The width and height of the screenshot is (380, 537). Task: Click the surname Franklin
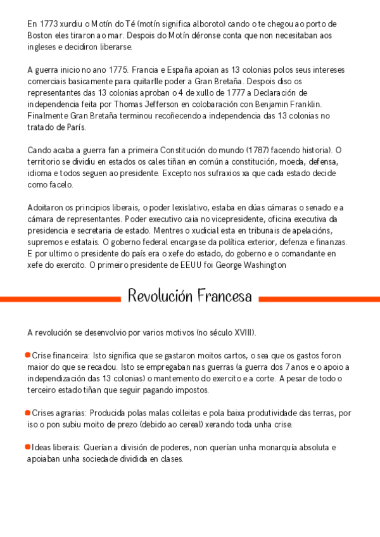click(x=305, y=104)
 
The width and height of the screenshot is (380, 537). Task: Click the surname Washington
click(x=255, y=265)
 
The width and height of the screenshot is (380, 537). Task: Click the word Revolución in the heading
click(x=160, y=296)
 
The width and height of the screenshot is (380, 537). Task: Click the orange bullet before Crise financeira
click(x=27, y=355)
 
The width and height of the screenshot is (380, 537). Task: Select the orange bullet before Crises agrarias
click(x=27, y=412)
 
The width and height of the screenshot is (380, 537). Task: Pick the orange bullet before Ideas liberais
click(x=27, y=447)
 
